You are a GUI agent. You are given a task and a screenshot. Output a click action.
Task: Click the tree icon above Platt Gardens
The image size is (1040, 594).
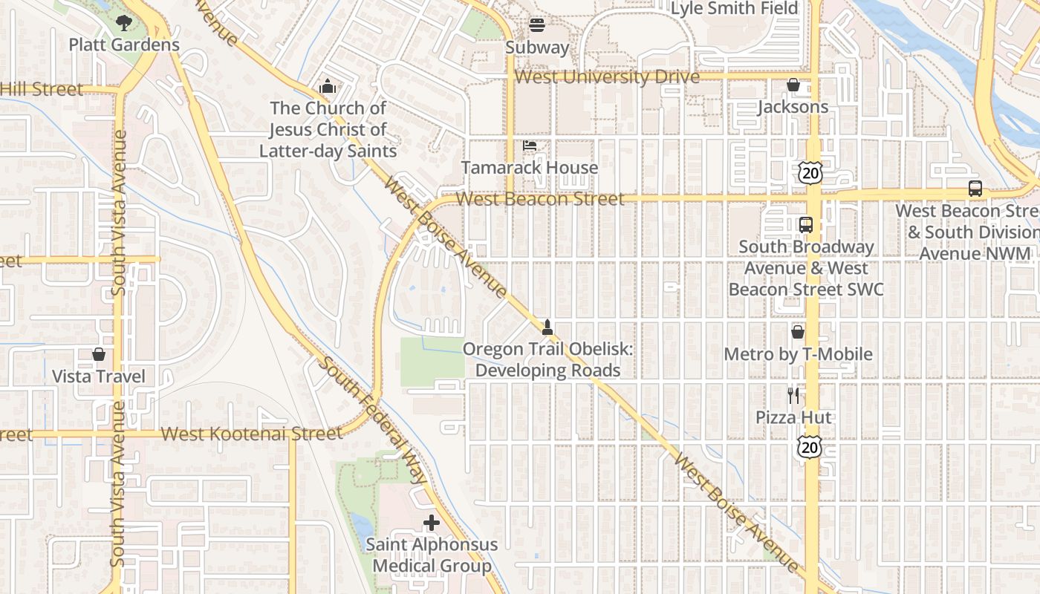(124, 24)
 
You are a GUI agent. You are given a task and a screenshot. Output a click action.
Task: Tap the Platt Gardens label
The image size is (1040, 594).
(124, 45)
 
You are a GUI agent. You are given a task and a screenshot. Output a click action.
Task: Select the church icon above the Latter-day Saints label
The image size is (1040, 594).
(328, 87)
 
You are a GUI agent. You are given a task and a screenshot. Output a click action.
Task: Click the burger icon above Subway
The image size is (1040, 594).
(537, 26)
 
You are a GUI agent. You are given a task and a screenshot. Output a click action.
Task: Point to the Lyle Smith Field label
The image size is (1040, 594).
(734, 9)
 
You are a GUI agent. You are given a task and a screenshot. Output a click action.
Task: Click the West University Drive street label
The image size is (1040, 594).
(607, 77)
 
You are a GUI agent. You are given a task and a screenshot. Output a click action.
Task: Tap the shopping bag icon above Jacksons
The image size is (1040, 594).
(793, 85)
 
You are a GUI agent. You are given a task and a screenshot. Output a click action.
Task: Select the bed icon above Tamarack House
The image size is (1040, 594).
(530, 146)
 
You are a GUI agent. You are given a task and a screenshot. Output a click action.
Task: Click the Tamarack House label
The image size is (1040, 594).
(530, 168)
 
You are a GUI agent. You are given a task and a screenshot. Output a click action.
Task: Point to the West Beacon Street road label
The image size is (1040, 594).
(540, 199)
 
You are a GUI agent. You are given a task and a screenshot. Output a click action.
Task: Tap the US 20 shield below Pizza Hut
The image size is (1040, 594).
(810, 447)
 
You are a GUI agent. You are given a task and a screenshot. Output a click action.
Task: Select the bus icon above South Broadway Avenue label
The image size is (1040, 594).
(806, 224)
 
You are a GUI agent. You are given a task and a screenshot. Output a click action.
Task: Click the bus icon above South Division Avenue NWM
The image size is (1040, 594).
(975, 189)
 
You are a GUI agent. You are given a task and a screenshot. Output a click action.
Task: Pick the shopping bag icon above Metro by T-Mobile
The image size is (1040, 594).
(798, 332)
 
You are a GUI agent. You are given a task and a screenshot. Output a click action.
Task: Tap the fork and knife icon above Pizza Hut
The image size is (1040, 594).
(793, 395)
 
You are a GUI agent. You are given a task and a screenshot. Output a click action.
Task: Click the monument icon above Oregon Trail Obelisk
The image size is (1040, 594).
(547, 327)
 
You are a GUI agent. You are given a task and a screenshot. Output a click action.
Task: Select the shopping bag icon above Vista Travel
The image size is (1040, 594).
(99, 355)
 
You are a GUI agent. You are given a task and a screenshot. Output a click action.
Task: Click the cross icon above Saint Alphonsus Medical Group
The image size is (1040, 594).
(432, 523)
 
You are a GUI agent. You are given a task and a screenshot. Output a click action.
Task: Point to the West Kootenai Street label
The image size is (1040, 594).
(252, 434)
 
